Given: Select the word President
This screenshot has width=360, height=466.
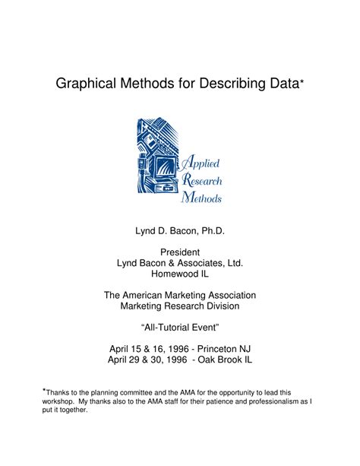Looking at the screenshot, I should pos(180,252).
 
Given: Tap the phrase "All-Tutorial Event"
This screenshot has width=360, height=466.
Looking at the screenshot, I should pos(180,327).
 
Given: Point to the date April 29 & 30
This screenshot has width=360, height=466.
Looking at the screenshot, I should pos(136,359).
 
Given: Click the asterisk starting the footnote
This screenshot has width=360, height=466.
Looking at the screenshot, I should pos(44,388).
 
